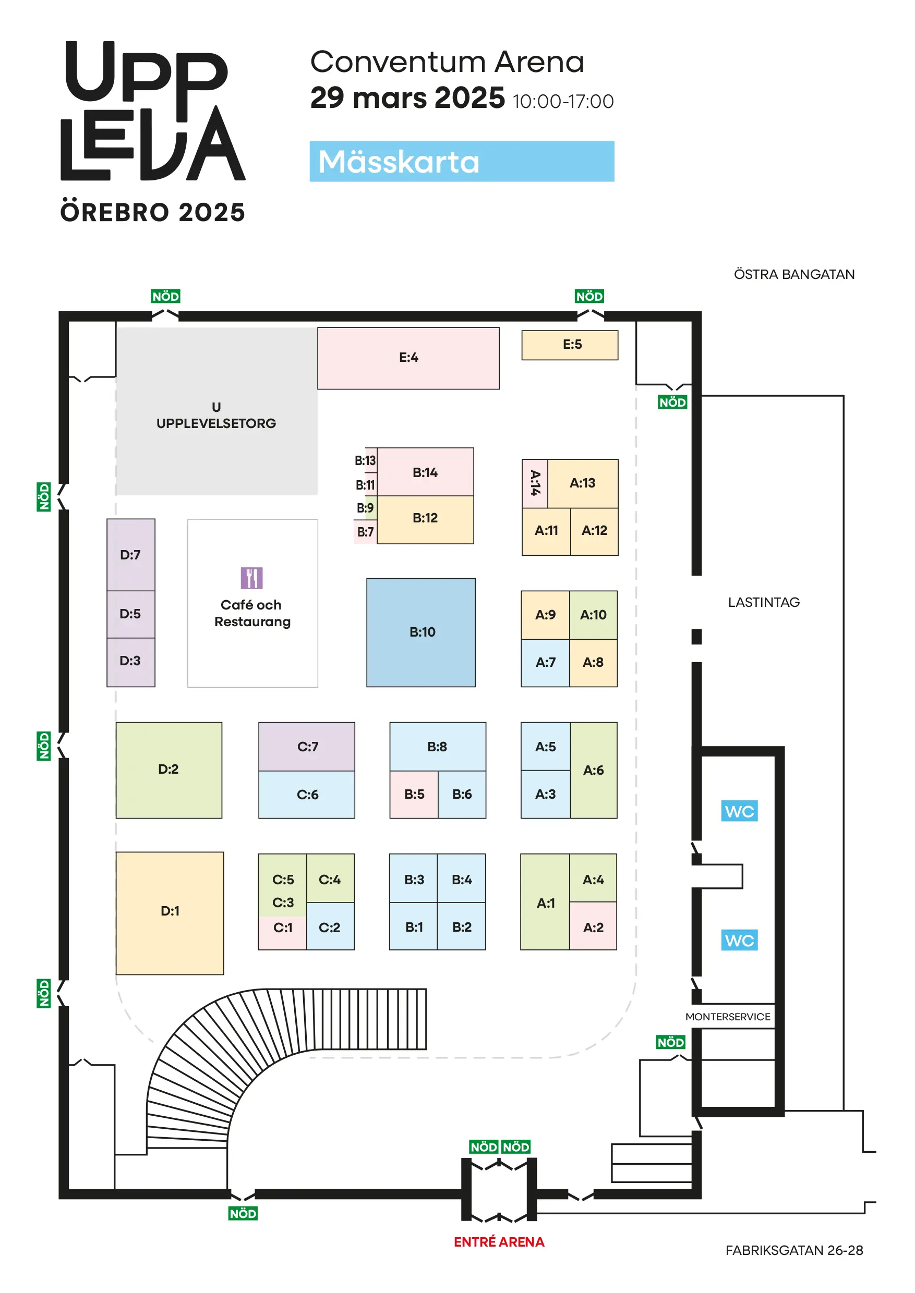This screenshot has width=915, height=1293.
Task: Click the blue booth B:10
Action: coord(421,632)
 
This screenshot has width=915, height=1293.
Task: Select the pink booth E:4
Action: coord(408,358)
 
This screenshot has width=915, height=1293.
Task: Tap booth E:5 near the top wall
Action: coord(570,345)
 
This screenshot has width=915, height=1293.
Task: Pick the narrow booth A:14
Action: coord(535,484)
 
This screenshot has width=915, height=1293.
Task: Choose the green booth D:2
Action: coord(168,770)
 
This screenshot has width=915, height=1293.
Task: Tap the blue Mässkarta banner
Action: coord(462,161)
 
